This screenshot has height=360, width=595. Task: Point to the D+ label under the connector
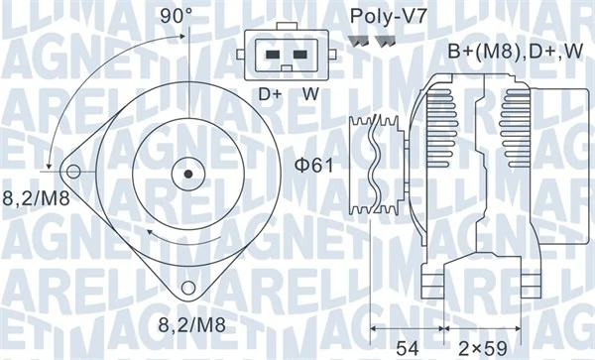coord(271,94)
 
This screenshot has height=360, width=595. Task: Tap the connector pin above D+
coord(271,56)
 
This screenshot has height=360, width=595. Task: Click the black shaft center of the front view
coord(183,172)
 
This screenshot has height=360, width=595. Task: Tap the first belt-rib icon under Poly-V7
coord(360,42)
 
